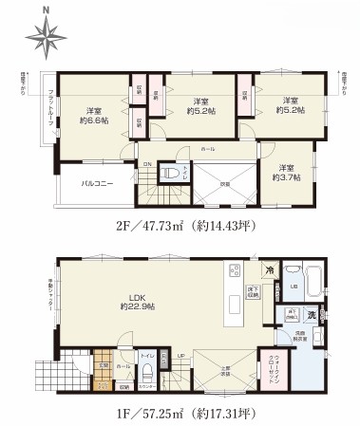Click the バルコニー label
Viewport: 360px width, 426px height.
(98, 184)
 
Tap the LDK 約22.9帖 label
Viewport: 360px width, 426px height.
(138, 301)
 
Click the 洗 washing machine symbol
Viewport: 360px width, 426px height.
(312, 315)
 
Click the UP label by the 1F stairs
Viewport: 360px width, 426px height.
(180, 355)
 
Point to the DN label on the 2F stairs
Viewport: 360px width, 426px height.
(146, 164)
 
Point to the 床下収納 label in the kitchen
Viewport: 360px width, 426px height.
(253, 290)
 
